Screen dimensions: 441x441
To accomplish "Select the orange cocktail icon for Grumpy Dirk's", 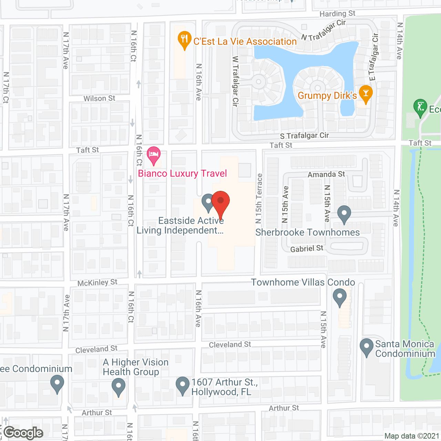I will pos(366,94).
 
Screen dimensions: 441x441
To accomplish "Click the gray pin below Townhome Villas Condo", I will pos(339,297).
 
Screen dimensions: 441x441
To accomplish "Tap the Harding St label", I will pos(337,14).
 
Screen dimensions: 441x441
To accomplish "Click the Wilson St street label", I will pos(99,99).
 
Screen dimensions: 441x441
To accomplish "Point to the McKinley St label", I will pos(97,283).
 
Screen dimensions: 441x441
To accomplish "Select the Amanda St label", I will pos(326,174).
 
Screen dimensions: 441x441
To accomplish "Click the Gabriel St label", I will pos(307,248).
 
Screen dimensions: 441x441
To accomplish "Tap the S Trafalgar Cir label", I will pos(304,136).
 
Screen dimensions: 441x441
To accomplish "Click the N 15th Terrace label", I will pos(259,198).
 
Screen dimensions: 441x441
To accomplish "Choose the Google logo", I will pos(23,433).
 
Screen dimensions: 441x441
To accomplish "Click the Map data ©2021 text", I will pos(412,436).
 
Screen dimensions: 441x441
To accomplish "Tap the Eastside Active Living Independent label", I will pos(181,226).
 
